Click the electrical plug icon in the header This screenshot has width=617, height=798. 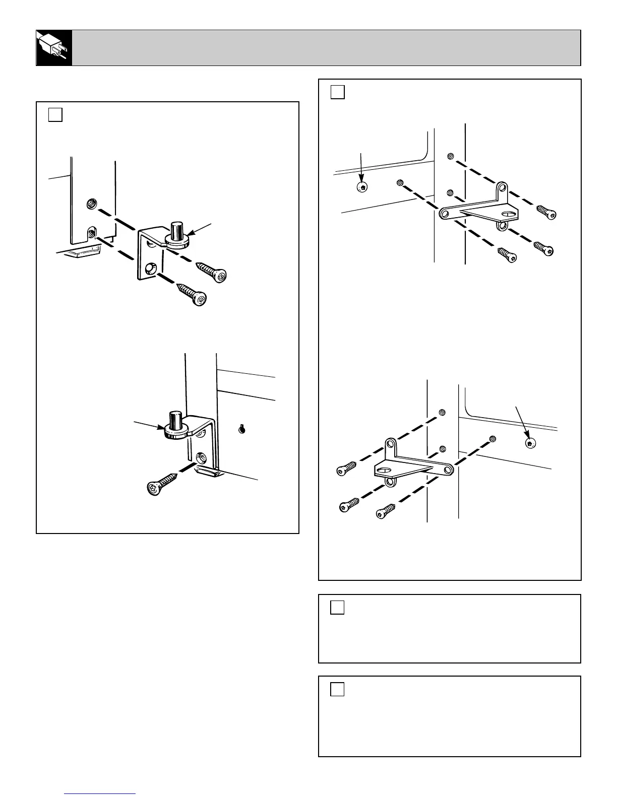(x=54, y=48)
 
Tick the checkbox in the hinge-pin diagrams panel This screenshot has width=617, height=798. (x=55, y=115)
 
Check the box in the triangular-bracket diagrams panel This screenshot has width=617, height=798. (x=338, y=92)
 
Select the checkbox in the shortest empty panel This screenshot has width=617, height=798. (x=338, y=608)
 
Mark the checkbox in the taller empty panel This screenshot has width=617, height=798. (x=338, y=689)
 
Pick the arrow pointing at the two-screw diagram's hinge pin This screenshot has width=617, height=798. (x=203, y=229)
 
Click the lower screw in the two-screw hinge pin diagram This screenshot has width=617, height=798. (x=192, y=294)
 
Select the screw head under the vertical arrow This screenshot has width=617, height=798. (x=362, y=187)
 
